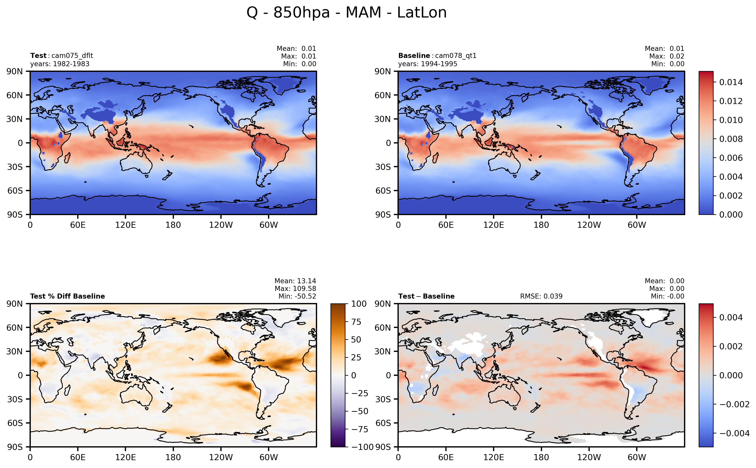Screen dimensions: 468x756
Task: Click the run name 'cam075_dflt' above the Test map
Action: [72, 56]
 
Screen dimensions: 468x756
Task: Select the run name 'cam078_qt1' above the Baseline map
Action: [456, 56]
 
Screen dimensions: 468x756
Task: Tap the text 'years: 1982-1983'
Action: [60, 64]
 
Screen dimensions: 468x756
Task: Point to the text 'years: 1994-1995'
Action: [427, 64]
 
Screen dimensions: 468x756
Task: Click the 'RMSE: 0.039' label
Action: [541, 296]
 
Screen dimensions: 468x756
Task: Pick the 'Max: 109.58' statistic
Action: [295, 289]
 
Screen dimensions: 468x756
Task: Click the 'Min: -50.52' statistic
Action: [297, 296]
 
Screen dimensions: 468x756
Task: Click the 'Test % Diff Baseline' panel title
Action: [67, 296]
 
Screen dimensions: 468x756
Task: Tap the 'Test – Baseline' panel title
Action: [426, 296]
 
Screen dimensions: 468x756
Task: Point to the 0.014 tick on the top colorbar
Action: [731, 82]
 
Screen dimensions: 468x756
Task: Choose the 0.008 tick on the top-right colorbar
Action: [731, 139]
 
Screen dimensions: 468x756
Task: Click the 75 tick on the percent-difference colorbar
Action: [356, 322]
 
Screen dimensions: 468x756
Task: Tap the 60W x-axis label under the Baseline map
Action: [637, 225]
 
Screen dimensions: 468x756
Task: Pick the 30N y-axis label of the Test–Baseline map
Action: [383, 351]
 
